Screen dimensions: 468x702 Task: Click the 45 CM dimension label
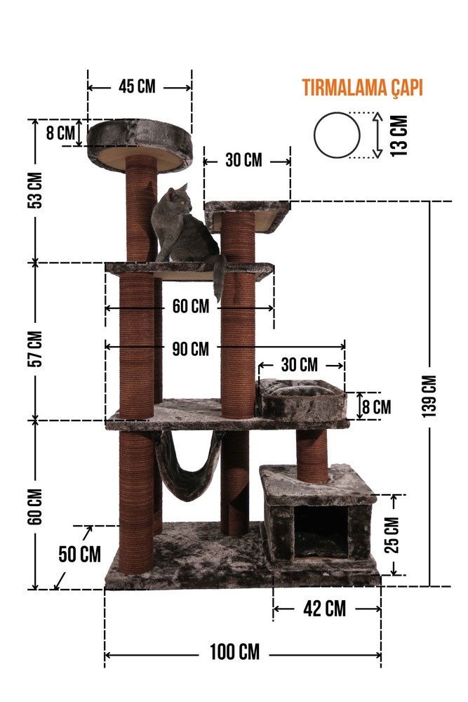point(137,86)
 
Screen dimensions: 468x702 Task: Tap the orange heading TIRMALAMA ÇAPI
point(363,88)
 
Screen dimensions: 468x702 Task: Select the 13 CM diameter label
point(399,135)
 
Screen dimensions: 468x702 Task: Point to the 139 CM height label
point(429,396)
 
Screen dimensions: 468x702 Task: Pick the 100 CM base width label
point(234,652)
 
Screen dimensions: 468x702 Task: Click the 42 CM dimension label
point(324,609)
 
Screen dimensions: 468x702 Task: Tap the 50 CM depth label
point(80,555)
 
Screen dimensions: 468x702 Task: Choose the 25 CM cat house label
point(392,534)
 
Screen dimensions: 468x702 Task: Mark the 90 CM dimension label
point(191,349)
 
